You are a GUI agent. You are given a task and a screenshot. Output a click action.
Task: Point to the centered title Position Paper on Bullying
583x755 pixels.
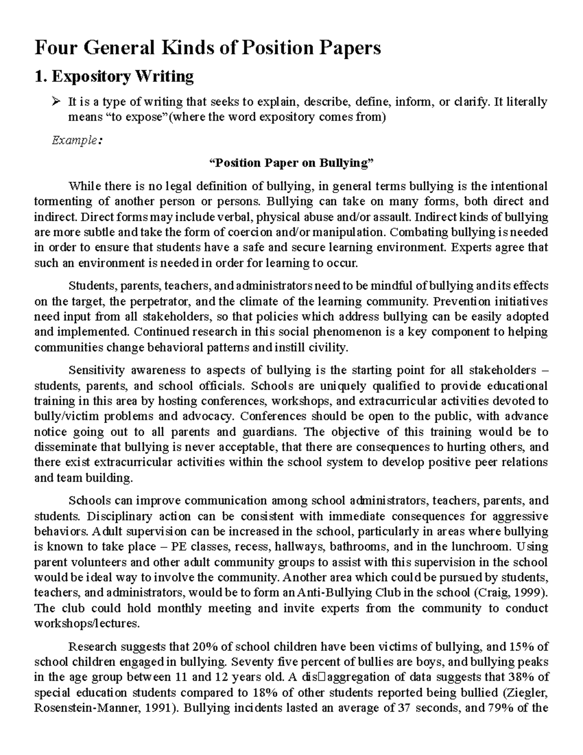(291, 163)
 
